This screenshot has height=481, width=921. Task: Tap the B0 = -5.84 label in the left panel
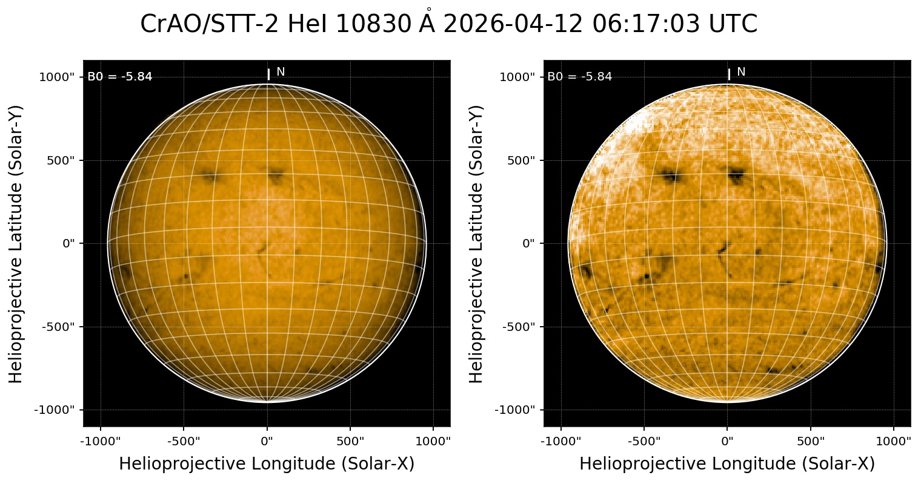120,77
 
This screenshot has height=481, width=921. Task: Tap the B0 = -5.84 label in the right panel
580,77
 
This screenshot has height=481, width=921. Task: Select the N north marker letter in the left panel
281,72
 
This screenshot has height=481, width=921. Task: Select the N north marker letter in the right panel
741,72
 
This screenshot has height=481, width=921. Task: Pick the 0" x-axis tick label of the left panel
267,441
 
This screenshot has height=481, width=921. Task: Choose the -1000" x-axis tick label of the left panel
101,441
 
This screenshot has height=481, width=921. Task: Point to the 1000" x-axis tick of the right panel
894,441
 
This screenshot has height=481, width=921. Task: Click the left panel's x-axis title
267,464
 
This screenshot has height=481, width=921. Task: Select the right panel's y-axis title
477,243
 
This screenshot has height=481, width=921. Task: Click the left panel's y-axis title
16,243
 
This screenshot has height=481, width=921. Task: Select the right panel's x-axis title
727,464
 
